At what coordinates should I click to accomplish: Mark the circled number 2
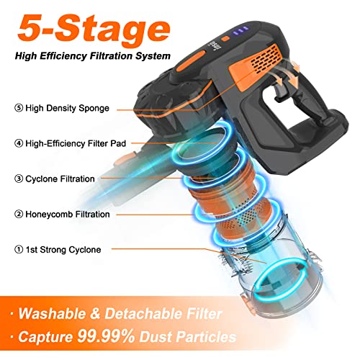[18, 213]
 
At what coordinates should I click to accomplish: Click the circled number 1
[18, 249]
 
